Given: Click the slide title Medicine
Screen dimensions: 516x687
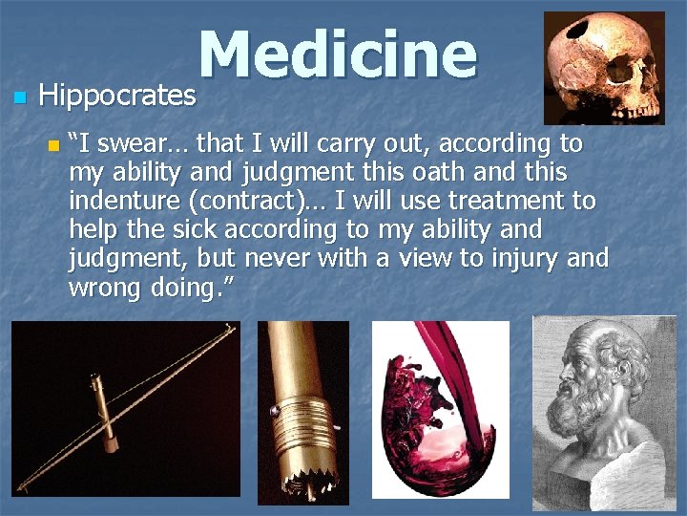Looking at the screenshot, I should tap(337, 55).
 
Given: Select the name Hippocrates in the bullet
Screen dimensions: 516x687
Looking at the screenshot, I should tap(116, 96).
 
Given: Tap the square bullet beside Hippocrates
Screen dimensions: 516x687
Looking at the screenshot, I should tap(17, 97).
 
